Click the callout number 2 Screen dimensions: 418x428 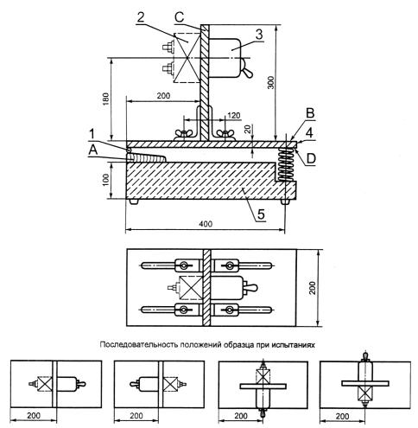[x=141, y=17]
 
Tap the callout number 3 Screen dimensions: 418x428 [x=259, y=35]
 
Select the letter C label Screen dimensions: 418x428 [x=179, y=17]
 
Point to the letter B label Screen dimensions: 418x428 [x=310, y=113]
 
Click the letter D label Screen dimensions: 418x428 [x=311, y=158]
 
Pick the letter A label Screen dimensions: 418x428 [x=93, y=150]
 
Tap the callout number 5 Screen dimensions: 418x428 [x=261, y=214]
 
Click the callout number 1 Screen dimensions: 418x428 [x=92, y=134]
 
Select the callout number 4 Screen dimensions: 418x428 [x=309, y=133]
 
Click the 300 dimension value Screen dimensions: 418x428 [x=271, y=82]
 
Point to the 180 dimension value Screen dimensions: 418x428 [x=106, y=99]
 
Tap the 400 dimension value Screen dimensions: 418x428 [x=206, y=224]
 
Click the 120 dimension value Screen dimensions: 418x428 [x=234, y=116]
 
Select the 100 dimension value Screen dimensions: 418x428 [x=105, y=180]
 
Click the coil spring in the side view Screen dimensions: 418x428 [x=286, y=164]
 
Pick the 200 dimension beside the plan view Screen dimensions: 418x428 [x=313, y=288]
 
